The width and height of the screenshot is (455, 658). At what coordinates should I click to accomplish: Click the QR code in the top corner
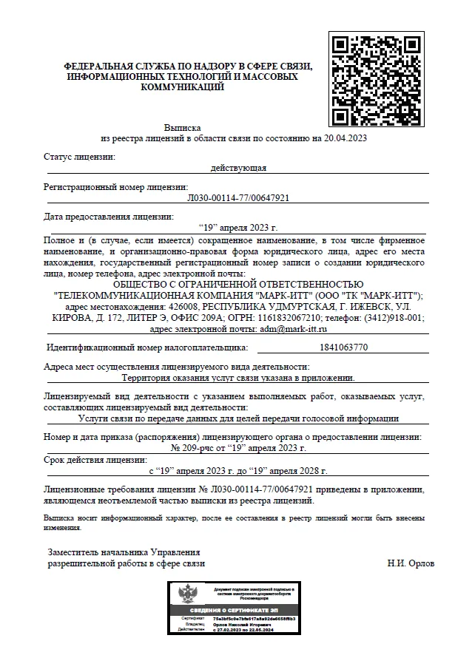point(376,81)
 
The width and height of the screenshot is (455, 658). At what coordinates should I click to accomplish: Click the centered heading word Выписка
point(181,128)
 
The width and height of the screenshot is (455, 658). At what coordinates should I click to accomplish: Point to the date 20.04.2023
point(344,138)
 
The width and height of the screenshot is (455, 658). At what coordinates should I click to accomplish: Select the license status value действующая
point(238,169)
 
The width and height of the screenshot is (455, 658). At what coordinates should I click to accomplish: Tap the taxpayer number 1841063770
point(342,347)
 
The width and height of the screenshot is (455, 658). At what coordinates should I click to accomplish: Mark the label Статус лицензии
point(80,157)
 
